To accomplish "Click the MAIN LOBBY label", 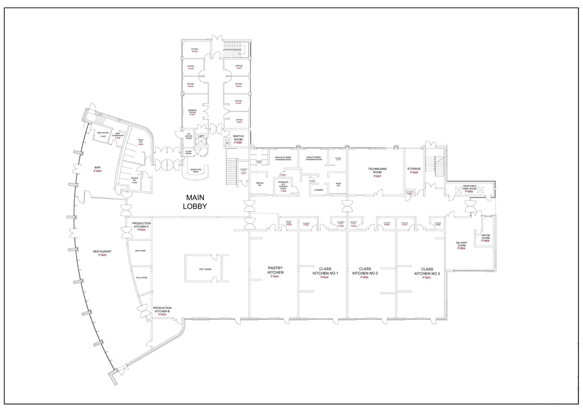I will (195, 202).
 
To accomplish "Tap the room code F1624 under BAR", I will (98, 171).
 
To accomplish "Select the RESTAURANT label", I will (102, 251).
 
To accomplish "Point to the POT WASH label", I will (205, 269).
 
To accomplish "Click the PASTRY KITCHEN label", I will (275, 270).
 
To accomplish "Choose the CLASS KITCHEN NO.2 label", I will (365, 271).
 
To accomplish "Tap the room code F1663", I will (426, 278).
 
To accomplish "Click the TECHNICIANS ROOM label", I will (377, 171).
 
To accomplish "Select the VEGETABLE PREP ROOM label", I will (469, 187).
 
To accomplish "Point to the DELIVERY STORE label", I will (461, 244).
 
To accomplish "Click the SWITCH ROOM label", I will (238, 138).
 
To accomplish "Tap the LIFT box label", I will (201, 136).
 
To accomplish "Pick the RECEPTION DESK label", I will (196, 171).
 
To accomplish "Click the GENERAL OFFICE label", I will (192, 111).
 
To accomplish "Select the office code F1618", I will (195, 52).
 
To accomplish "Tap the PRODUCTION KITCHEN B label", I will (162, 309).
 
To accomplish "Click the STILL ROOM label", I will (141, 277).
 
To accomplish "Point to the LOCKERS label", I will (319, 190).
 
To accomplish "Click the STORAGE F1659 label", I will (414, 171).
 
